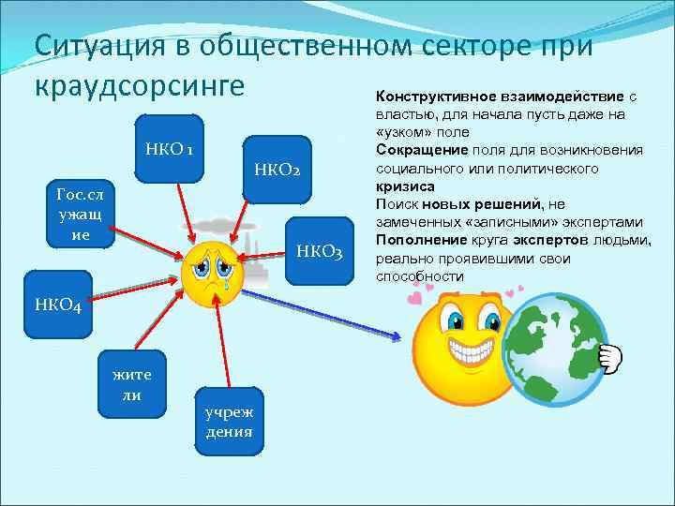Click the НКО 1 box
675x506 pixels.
pyautogui.click(x=170, y=149)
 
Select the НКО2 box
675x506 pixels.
pyautogui.click(x=277, y=170)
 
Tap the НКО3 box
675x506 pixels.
pyautogui.click(x=320, y=249)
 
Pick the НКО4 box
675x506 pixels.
pyautogui.click(x=58, y=305)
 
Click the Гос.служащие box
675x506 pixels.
pyautogui.click(x=81, y=215)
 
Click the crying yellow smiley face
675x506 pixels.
pyautogui.click(x=213, y=273)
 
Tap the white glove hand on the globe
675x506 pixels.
pyautogui.click(x=609, y=357)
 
